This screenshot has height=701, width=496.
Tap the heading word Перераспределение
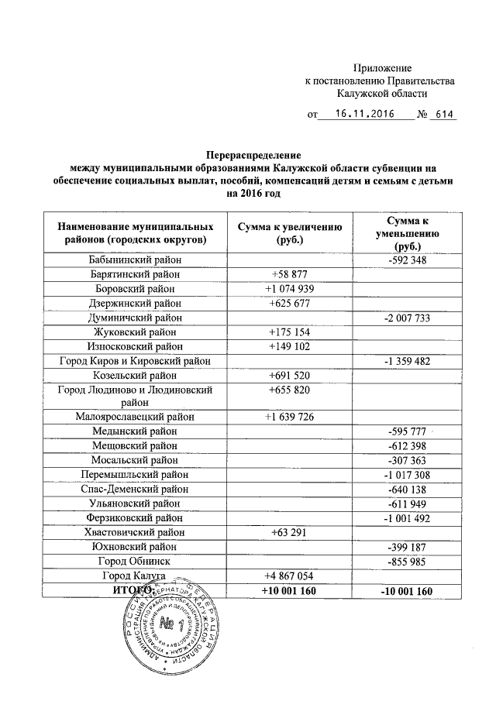point(248,154)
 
